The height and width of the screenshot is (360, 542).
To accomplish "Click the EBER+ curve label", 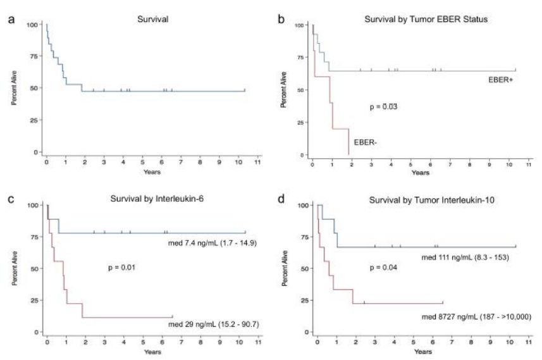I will [x=500, y=80].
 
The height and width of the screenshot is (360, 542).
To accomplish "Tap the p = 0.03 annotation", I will [x=383, y=107].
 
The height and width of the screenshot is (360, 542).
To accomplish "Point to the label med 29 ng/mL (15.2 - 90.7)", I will [x=209, y=325].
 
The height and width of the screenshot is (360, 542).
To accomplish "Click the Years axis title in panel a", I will [x=151, y=171].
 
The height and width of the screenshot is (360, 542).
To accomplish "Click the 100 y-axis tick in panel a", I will [x=31, y=25].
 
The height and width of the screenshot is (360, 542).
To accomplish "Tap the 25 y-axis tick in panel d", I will [x=304, y=300].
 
